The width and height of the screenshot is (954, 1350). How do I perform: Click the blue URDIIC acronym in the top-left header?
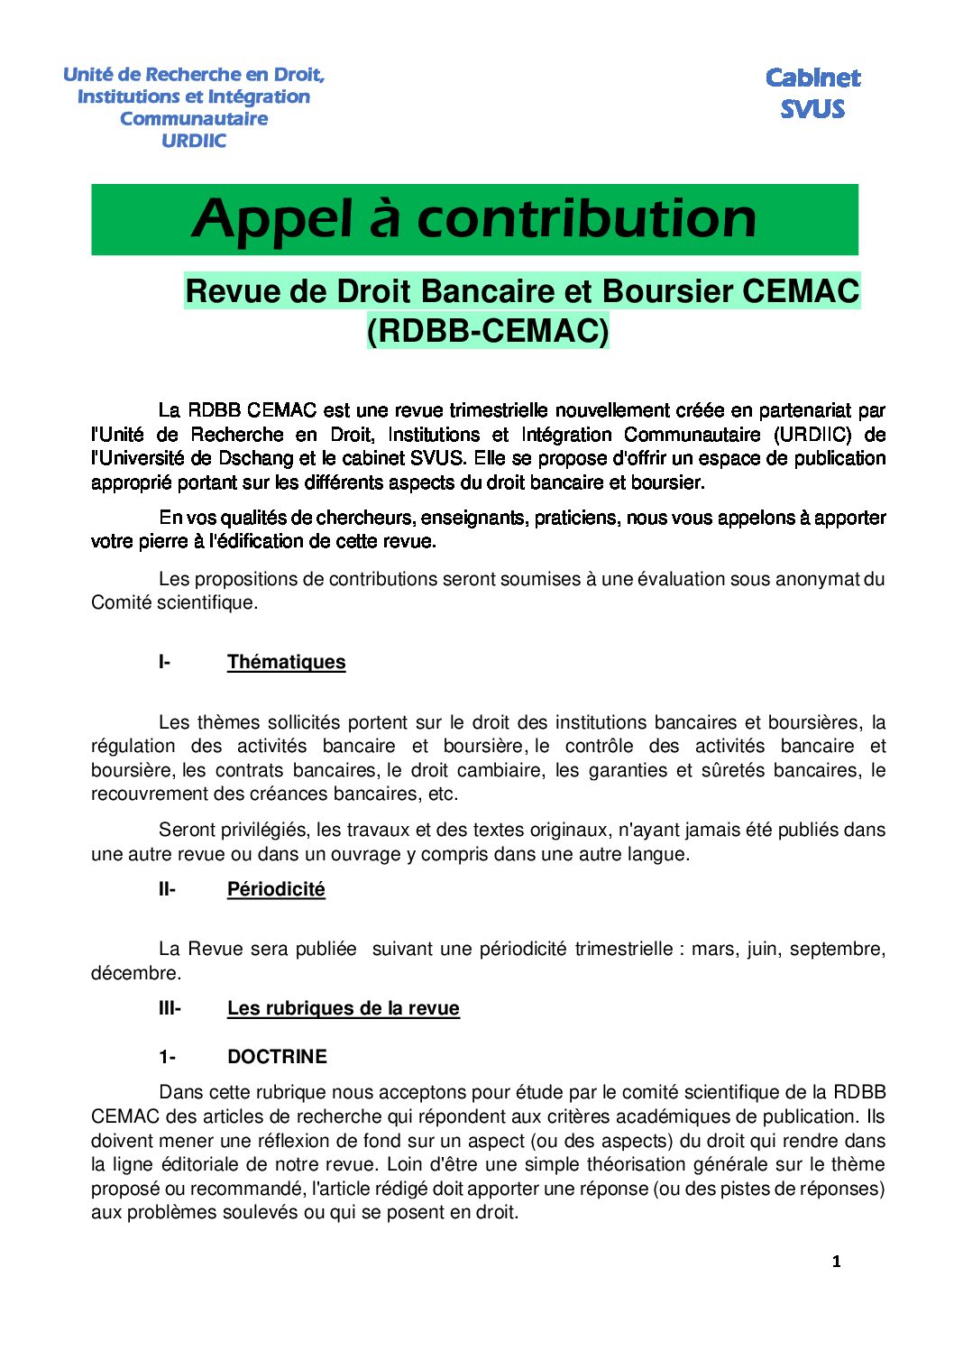coord(194,141)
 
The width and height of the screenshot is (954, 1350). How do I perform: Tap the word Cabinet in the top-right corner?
coord(812,78)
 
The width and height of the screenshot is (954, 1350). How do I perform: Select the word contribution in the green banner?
coord(586,219)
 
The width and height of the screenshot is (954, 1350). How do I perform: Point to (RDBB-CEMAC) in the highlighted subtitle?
coord(488,331)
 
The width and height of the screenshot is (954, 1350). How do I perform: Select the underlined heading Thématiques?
coord(286,662)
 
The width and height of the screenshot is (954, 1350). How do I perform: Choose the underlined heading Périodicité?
coord(276,889)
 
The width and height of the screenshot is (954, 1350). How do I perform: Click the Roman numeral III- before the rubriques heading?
coord(170,1008)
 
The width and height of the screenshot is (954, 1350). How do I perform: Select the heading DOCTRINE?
coord(277,1057)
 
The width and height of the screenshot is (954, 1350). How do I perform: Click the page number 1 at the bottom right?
coord(836,1262)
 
